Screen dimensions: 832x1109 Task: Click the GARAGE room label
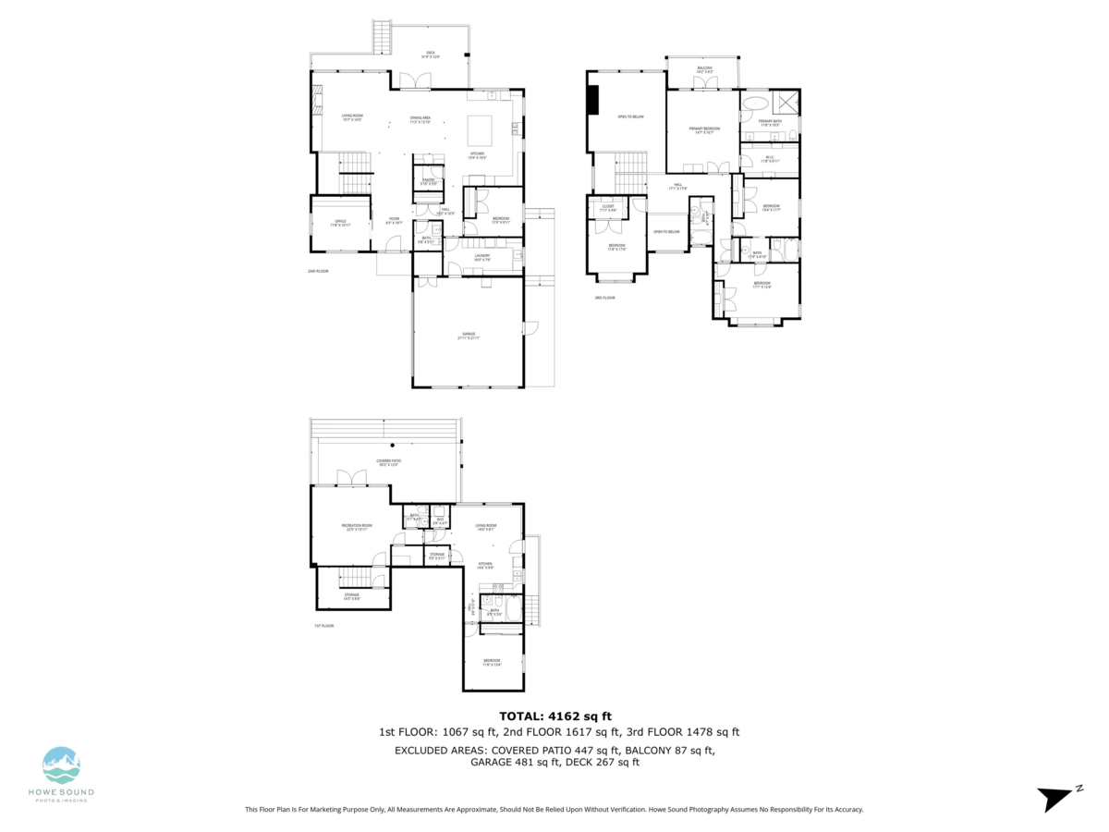(x=469, y=336)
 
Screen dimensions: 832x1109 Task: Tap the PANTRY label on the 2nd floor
(x=428, y=181)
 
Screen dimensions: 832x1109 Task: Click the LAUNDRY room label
(x=481, y=257)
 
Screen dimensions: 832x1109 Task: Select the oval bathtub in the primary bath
(x=755, y=104)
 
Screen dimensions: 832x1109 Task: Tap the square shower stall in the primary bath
(x=788, y=102)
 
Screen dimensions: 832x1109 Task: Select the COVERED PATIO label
(x=387, y=462)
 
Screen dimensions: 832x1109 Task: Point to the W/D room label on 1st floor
(x=441, y=519)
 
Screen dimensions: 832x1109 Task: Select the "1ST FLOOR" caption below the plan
(x=323, y=626)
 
